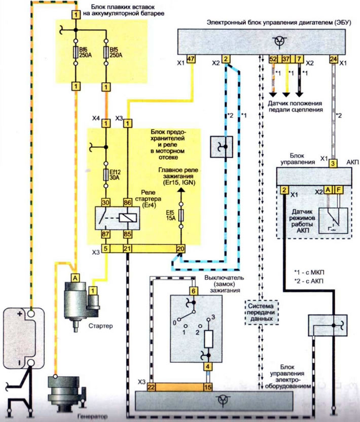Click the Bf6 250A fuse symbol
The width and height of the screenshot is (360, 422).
76,52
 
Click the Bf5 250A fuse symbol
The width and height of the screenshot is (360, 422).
106,52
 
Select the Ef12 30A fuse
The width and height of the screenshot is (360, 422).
106,175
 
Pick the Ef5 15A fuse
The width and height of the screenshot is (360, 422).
181,215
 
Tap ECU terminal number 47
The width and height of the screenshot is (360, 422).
191,59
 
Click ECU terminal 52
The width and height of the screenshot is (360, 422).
273,59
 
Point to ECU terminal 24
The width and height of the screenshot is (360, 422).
334,59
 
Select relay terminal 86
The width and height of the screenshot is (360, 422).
128,202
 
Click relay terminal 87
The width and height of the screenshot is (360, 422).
105,234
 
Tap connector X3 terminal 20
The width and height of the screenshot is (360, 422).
181,249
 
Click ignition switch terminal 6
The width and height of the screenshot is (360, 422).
194,291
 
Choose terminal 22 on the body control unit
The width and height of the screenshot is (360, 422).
151,387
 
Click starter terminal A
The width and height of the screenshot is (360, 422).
76,277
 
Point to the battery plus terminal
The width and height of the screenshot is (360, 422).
31,313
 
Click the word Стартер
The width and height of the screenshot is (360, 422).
100,326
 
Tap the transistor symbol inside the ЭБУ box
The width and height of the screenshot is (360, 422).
280,42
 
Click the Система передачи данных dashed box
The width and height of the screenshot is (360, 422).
262,312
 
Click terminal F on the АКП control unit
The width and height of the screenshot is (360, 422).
339,190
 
